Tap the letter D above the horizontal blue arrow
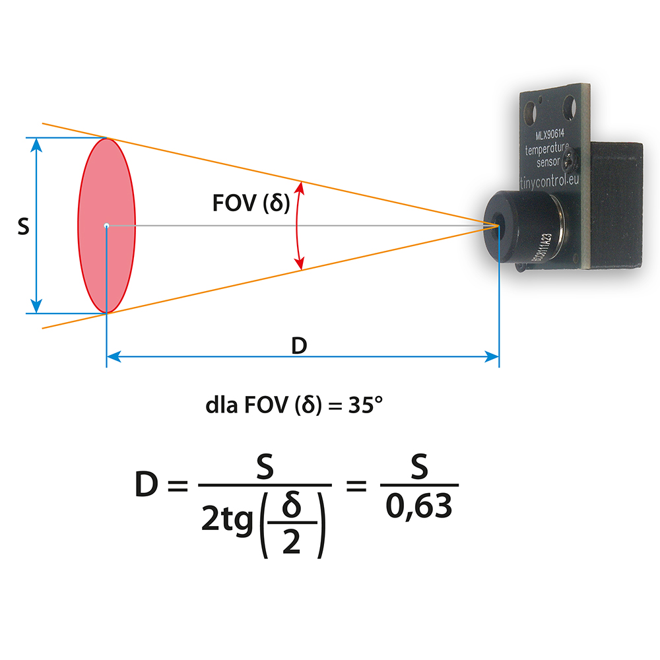(299, 345)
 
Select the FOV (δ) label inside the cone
(251, 203)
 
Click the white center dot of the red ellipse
(106, 226)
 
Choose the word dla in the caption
(222, 404)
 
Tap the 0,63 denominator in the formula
(419, 507)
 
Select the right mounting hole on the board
(569, 104)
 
